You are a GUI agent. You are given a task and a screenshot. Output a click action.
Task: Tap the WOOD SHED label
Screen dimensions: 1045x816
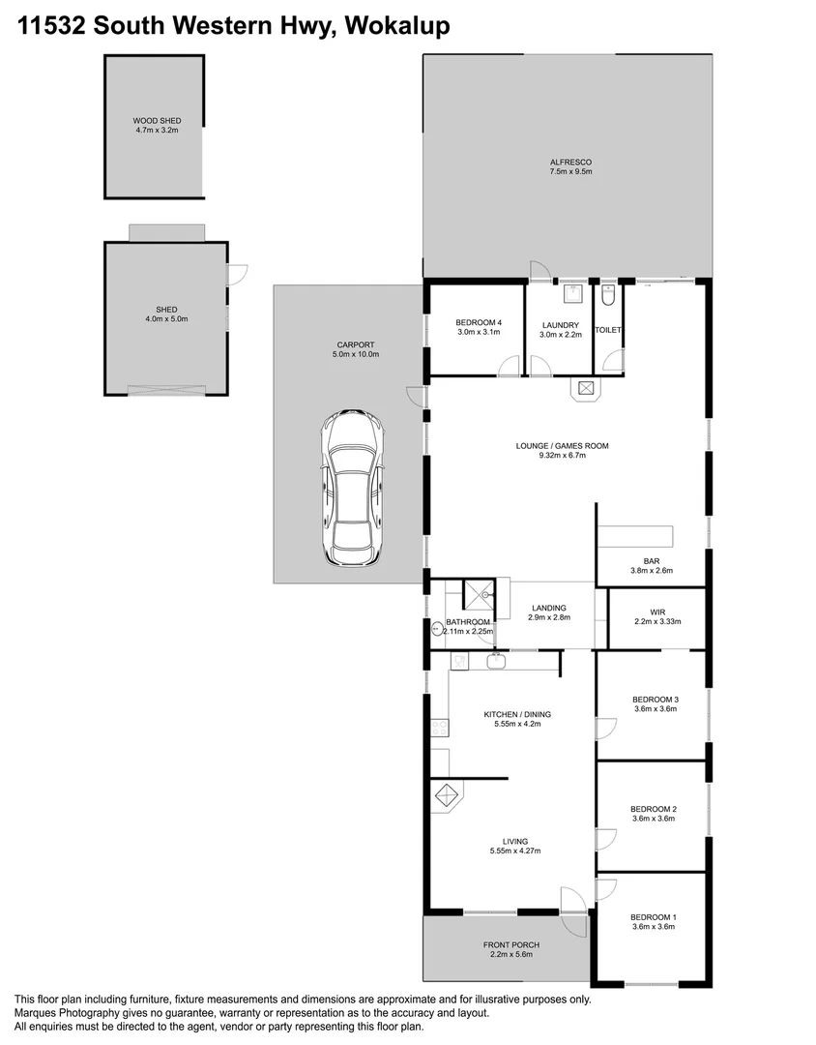point(157,121)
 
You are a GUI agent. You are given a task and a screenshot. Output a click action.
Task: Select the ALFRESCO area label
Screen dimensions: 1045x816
point(570,163)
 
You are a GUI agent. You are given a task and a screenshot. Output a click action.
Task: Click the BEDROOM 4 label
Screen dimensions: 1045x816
point(479,323)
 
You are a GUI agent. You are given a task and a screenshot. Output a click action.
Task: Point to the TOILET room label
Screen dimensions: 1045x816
point(608,330)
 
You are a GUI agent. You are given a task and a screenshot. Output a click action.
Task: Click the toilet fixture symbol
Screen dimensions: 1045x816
point(608,293)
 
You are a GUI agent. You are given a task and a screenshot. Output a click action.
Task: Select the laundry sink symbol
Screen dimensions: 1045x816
point(572,293)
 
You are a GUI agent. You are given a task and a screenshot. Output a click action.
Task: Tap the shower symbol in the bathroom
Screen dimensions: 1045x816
point(478,597)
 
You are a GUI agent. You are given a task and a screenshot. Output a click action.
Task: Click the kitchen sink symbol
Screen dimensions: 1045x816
point(496,662)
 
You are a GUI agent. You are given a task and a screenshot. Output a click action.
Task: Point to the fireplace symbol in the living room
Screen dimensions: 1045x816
point(448,796)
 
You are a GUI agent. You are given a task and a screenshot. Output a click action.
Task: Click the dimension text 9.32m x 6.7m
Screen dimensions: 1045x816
point(562,455)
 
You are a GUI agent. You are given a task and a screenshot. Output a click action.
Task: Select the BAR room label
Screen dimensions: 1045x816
point(651,560)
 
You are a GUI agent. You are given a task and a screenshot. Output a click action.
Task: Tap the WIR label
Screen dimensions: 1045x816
point(657,612)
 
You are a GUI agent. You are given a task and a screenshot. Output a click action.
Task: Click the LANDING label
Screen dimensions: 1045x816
point(548,608)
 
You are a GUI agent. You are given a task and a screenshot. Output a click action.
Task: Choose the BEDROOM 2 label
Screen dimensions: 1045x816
point(653,809)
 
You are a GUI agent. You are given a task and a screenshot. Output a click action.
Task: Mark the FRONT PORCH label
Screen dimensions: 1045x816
point(510,944)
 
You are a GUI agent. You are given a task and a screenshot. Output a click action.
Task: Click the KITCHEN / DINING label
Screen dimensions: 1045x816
point(517,714)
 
